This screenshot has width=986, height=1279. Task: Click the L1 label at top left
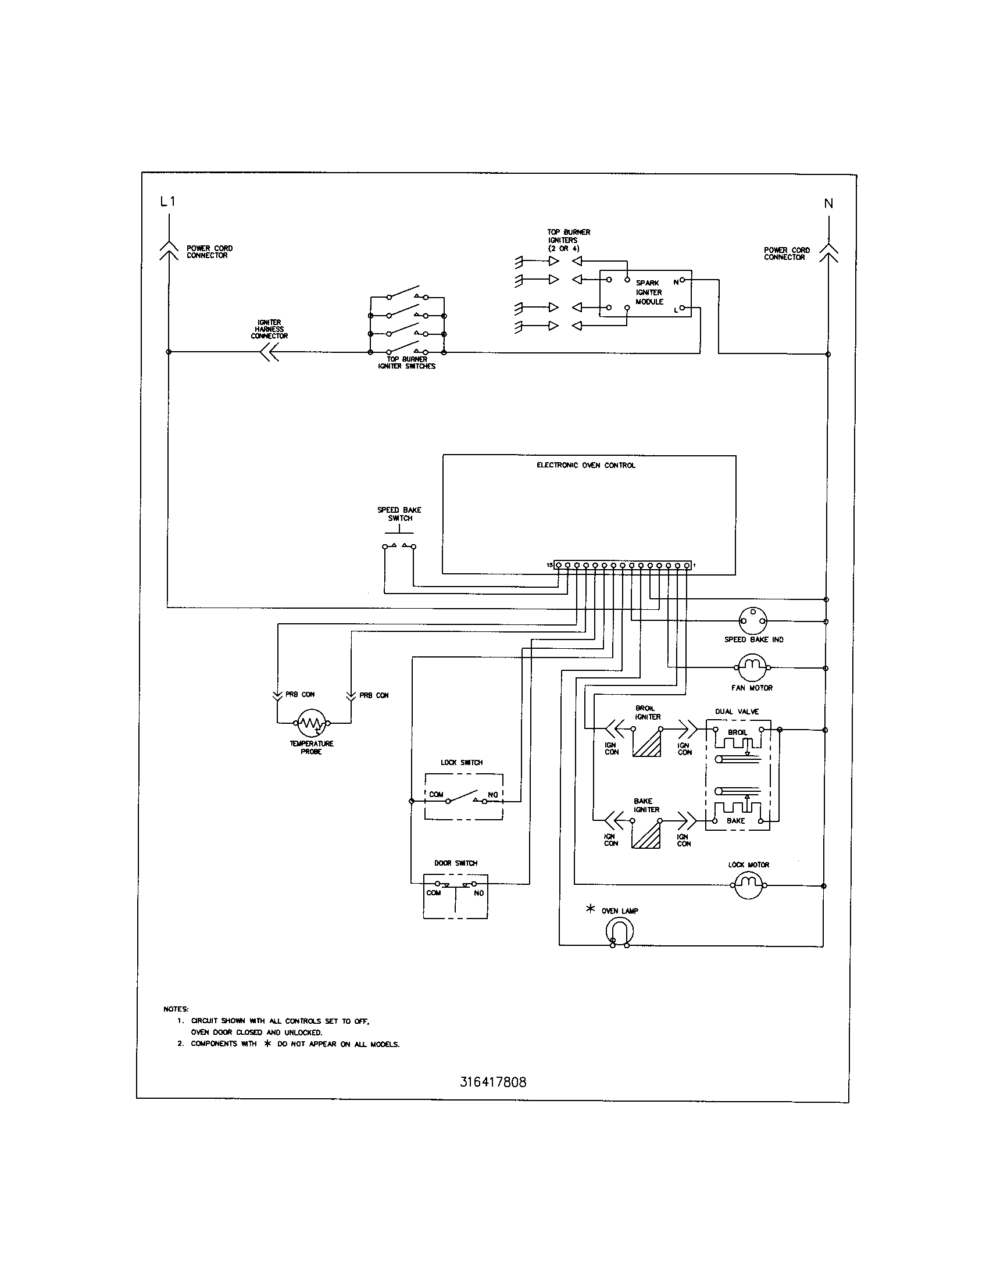pyautogui.click(x=167, y=202)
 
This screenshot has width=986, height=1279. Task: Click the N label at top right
pyautogui.click(x=828, y=204)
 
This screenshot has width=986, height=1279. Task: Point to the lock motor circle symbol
pyautogui.click(x=749, y=885)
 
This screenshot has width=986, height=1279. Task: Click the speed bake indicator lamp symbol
pyautogui.click(x=752, y=620)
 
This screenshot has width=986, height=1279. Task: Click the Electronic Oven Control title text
pyautogui.click(x=585, y=466)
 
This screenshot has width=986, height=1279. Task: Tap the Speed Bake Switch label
pyautogui.click(x=399, y=514)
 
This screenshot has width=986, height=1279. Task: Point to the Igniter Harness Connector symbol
pyautogui.click(x=269, y=352)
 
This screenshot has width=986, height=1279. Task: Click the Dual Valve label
pyautogui.click(x=737, y=712)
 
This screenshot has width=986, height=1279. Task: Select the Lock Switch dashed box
pyautogui.click(x=463, y=796)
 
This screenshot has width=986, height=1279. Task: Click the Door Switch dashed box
pyautogui.click(x=455, y=896)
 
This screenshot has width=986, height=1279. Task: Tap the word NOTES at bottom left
pyautogui.click(x=176, y=1009)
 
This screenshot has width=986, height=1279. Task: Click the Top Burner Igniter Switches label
pyautogui.click(x=406, y=363)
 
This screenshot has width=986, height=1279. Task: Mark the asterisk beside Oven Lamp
pyautogui.click(x=590, y=909)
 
